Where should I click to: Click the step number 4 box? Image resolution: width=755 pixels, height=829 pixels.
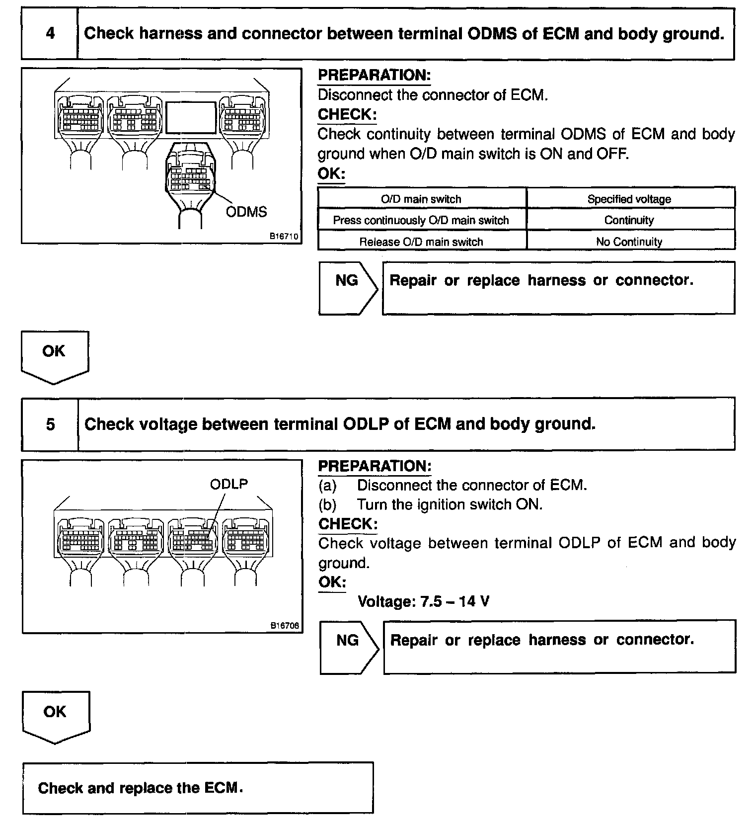point(50,34)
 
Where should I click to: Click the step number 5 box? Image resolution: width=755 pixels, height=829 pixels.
point(50,424)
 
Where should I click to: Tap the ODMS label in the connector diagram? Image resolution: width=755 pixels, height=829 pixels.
point(246,212)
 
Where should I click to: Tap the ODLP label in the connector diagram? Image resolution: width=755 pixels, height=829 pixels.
point(229,484)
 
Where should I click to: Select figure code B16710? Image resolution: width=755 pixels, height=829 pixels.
point(284,237)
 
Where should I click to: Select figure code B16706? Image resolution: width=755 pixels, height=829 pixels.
point(285,626)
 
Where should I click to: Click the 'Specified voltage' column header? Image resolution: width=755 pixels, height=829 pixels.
point(629,199)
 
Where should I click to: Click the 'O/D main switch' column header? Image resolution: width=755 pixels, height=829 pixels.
point(421,199)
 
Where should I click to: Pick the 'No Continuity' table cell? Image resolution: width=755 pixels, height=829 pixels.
point(629,242)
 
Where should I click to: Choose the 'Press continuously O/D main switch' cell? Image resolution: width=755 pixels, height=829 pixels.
point(421,220)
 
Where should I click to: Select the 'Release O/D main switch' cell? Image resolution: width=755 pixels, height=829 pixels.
point(421,242)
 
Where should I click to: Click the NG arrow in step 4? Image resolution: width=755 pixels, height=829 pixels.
point(348,288)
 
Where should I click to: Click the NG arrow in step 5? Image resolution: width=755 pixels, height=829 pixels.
point(349,647)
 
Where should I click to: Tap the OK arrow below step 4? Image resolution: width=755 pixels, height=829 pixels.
point(54,356)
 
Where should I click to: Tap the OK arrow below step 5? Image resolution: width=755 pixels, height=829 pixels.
point(55,716)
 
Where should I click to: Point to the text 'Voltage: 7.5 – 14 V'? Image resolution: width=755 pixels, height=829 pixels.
point(424,602)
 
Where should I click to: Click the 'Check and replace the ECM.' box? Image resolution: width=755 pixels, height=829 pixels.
point(197,788)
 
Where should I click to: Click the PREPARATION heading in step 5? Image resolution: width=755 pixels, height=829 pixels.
point(375,466)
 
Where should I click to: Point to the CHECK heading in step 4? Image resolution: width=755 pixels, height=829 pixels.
point(347,114)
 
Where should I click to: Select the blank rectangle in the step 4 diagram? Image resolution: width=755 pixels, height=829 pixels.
point(191,117)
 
